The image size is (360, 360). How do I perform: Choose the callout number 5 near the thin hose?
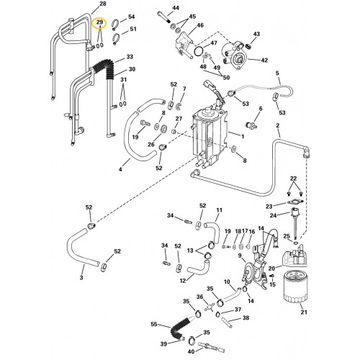point(278,73)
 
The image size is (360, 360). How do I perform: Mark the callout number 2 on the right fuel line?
point(278,126)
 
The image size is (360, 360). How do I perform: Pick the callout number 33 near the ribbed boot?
point(130,56)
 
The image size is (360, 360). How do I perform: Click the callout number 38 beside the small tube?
point(246,318)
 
